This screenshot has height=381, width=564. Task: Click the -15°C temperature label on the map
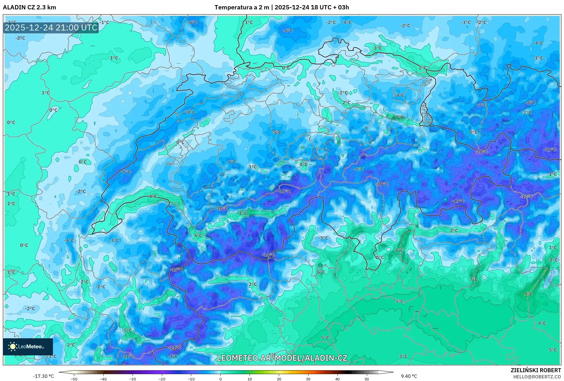point(177,269)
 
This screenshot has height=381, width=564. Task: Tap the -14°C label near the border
point(269,255)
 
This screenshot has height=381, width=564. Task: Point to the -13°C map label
point(458,201)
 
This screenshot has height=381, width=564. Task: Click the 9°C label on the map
point(528,294)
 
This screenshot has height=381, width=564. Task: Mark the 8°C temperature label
point(399,250)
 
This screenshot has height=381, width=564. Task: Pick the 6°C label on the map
point(321,272)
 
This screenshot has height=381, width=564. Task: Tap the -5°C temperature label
point(276,132)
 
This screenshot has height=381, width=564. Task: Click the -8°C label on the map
point(530,103)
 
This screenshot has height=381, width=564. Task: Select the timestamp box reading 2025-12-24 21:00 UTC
point(51,28)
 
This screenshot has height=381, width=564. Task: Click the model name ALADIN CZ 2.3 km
point(30,7)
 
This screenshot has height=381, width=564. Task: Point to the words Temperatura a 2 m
point(242,7)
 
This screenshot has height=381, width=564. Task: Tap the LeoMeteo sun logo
point(13,347)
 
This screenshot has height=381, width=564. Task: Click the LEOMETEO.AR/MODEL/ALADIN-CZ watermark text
point(282,358)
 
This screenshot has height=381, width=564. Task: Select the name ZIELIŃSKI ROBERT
point(536,370)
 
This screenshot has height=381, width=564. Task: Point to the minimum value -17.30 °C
point(43,376)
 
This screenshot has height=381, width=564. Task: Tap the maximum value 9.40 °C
point(409,376)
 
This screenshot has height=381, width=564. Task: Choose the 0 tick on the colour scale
point(221,379)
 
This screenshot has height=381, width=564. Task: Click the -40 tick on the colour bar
point(103,379)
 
